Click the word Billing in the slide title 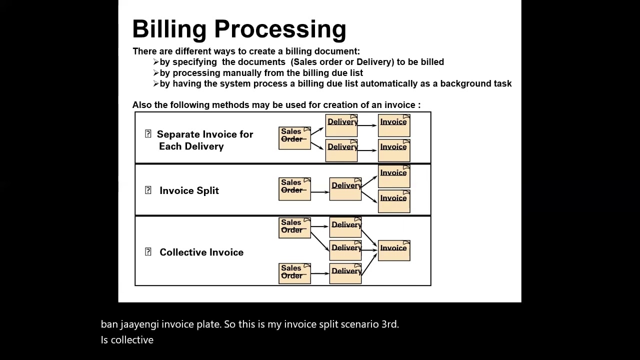click(x=169, y=29)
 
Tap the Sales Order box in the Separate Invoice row click(x=294, y=138)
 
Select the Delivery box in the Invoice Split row click(x=345, y=188)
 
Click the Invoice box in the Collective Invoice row click(x=394, y=250)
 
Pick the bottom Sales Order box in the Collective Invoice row click(x=294, y=273)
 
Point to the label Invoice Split click(x=189, y=190)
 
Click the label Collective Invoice click(x=201, y=252)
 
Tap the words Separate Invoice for click(x=205, y=134)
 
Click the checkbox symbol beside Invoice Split click(x=148, y=190)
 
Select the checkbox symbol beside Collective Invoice click(x=148, y=252)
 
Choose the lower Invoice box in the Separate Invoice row click(x=394, y=149)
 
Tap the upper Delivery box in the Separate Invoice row click(x=341, y=125)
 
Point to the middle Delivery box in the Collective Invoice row click(x=345, y=250)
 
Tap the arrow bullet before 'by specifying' click(x=156, y=62)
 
